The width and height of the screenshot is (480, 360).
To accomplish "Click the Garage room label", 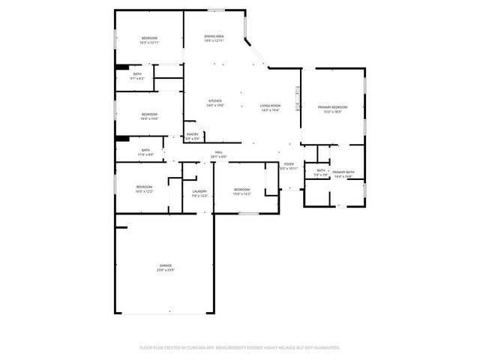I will tap(165, 265).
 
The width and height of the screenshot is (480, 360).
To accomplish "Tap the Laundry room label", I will tap(199, 191).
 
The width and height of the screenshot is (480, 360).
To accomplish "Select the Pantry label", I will tap(193, 135).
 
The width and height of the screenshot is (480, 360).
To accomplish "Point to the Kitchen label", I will tap(215, 101).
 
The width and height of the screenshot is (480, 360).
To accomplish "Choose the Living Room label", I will tap(270, 106).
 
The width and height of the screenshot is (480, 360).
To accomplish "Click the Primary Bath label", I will tap(344, 172).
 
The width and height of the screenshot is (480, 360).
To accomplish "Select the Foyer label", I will tap(289, 164).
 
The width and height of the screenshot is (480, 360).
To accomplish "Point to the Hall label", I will tap(219, 152).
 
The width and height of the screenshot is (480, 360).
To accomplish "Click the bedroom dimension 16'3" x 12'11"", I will tap(149, 43).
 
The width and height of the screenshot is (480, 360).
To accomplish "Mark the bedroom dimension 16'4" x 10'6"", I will tap(149, 118).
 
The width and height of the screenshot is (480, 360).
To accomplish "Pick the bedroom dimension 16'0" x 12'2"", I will tap(144, 191).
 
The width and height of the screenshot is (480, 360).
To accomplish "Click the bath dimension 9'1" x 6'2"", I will tap(137, 78).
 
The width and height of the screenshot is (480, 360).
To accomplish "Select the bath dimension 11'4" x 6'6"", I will tap(145, 154).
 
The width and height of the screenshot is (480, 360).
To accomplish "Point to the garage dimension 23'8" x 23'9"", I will tap(165, 270).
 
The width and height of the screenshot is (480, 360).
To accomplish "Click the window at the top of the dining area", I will tap(216, 10).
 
